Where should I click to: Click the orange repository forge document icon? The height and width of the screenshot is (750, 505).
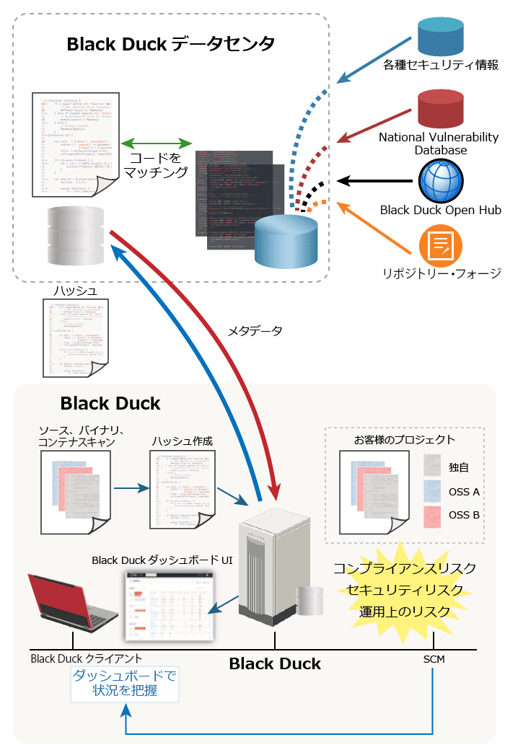(x=440, y=246)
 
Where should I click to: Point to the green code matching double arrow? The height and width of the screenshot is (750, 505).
(x=156, y=142)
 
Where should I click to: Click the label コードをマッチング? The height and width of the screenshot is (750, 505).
(x=156, y=164)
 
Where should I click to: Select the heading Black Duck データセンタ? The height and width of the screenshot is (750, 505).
(x=171, y=44)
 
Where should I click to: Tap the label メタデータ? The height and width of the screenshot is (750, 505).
(x=255, y=330)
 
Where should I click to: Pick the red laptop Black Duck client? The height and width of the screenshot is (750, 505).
(x=72, y=602)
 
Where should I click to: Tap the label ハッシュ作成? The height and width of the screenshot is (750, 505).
(x=183, y=440)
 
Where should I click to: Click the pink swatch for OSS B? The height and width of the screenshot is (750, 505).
(x=432, y=515)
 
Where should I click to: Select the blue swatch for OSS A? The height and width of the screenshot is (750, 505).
(x=432, y=491)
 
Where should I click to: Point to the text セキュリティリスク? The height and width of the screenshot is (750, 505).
(x=405, y=590)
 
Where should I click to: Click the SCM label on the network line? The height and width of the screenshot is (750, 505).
(x=434, y=658)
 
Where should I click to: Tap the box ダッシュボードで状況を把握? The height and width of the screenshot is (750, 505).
(x=125, y=684)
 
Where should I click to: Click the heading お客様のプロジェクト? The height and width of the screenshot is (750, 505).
(x=405, y=439)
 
